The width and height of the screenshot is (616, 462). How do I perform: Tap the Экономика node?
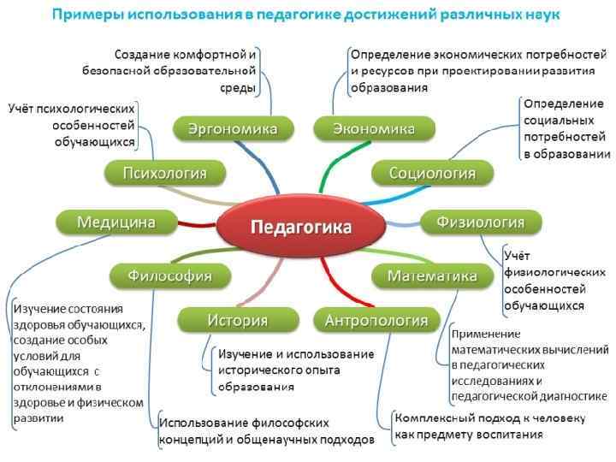[375, 129]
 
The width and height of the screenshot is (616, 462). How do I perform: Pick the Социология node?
[433, 173]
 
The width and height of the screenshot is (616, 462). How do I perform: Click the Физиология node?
[480, 222]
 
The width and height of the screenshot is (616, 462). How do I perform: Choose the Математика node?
[432, 275]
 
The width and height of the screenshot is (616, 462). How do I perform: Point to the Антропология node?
[376, 321]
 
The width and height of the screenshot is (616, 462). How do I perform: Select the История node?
[237, 321]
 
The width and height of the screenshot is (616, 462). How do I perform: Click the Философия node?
[170, 275]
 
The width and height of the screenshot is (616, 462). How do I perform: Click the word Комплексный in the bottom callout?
[432, 418]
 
